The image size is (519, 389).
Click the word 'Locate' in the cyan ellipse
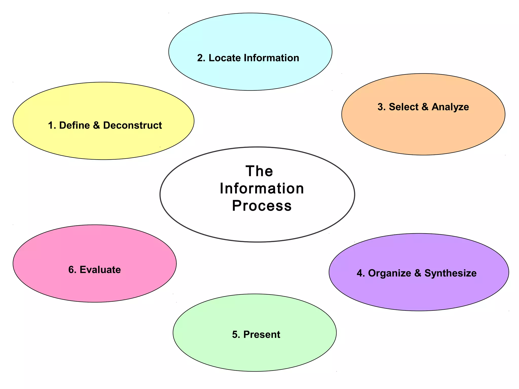(225, 58)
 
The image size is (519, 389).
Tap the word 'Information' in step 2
(271, 58)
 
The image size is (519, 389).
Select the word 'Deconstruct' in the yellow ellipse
(132, 125)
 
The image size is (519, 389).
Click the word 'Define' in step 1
(74, 125)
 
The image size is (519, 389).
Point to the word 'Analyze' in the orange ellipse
(450, 107)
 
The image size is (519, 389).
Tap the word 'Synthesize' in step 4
(450, 273)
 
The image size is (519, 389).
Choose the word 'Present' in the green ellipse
(262, 335)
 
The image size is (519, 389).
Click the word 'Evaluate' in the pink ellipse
(100, 270)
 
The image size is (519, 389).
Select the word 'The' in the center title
(259, 171)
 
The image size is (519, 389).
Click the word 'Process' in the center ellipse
(262, 205)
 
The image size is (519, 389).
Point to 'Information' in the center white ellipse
(262, 188)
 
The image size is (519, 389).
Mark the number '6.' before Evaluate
(72, 270)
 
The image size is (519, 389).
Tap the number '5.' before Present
(236, 335)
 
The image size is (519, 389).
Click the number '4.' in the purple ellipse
(361, 273)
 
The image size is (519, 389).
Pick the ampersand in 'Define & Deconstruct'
(97, 125)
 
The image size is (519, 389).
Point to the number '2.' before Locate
(201, 58)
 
